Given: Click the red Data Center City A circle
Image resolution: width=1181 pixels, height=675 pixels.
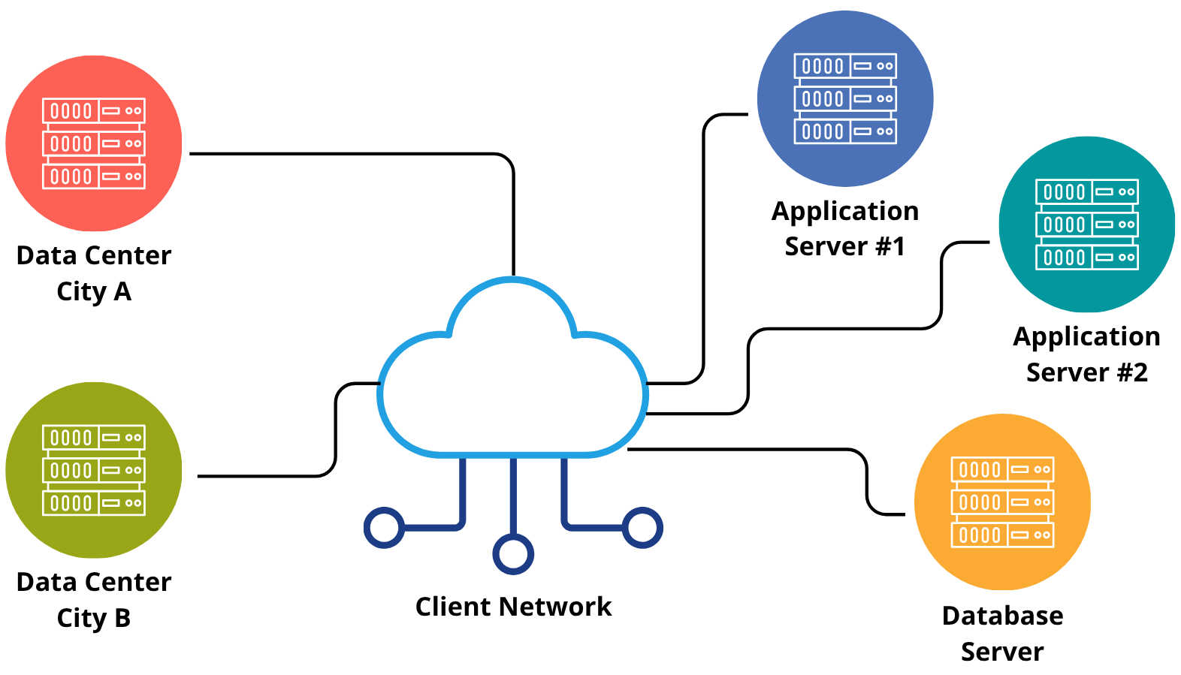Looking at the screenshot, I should tap(94, 143).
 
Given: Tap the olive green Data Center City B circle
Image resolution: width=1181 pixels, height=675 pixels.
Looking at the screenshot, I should tap(94, 470).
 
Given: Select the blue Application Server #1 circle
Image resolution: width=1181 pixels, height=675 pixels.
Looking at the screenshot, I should tap(845, 98).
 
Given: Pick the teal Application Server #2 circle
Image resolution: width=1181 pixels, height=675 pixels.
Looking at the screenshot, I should tap(1087, 224).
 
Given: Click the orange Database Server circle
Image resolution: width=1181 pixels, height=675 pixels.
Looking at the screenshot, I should tap(1002, 502).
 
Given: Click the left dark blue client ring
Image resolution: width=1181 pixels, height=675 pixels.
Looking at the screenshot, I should tap(384, 528).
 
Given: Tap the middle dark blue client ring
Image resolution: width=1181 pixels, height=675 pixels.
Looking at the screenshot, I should tap(513, 554).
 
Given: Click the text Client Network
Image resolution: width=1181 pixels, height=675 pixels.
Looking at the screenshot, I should tap(513, 607).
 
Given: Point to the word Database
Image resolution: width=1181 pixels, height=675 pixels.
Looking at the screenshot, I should tap(1002, 616).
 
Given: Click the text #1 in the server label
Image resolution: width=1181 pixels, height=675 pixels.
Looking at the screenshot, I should tap(890, 246).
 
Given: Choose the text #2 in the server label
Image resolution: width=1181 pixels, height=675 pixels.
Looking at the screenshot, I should tap(1131, 372).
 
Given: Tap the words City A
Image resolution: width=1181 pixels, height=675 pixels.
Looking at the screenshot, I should tap(94, 291).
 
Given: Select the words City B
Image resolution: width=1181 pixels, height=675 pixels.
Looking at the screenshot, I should tap(94, 618).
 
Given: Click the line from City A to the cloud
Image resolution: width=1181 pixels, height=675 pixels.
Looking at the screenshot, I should tap(353, 154).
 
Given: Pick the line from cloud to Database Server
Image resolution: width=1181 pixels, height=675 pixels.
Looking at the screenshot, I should tap(751, 449).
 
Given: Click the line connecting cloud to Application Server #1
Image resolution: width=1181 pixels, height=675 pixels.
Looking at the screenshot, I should tap(704, 248).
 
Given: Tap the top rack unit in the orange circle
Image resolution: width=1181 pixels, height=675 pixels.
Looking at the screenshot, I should tap(1002, 469).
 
